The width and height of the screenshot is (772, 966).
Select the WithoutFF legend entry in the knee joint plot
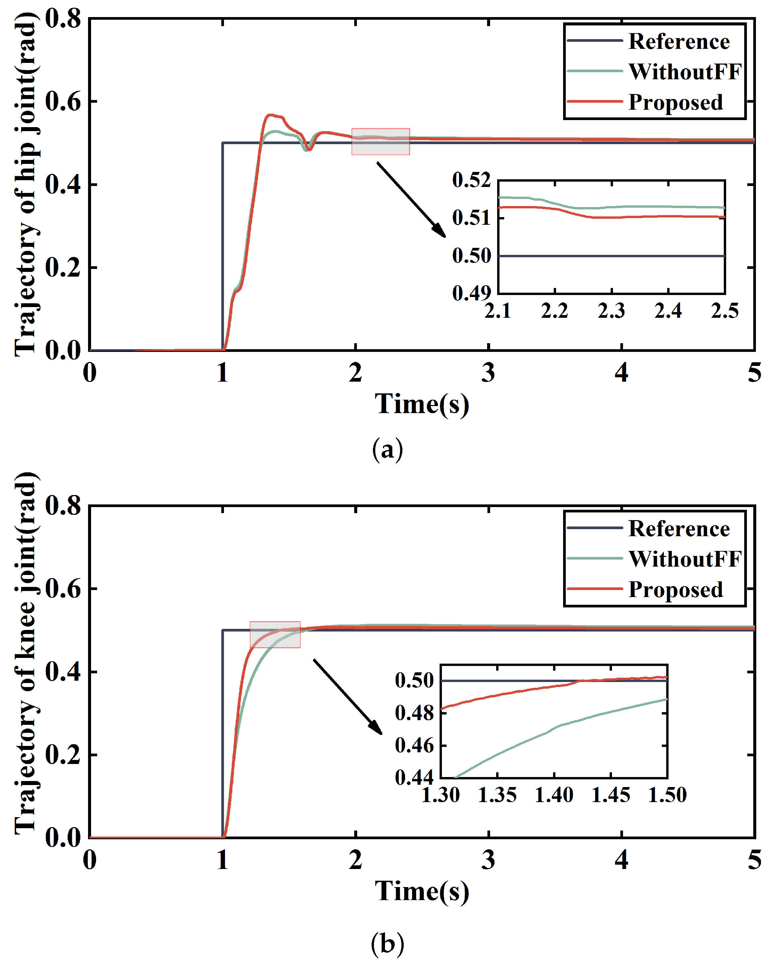click(x=684, y=559)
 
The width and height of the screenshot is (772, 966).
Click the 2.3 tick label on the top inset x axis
click(x=611, y=310)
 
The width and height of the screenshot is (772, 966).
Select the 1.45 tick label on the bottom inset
click(x=611, y=795)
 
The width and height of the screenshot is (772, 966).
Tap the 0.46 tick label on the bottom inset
click(x=414, y=746)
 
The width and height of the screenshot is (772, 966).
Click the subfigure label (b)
click(x=387, y=944)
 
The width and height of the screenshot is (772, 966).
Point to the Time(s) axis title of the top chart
click(x=421, y=404)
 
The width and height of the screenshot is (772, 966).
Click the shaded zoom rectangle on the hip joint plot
click(x=380, y=141)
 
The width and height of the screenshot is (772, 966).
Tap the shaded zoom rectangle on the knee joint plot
click(x=275, y=635)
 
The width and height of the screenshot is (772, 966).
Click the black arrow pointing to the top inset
click(x=411, y=199)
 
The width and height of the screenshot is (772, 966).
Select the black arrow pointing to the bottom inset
click(x=348, y=696)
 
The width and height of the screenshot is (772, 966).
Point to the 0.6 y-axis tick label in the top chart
click(x=63, y=101)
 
